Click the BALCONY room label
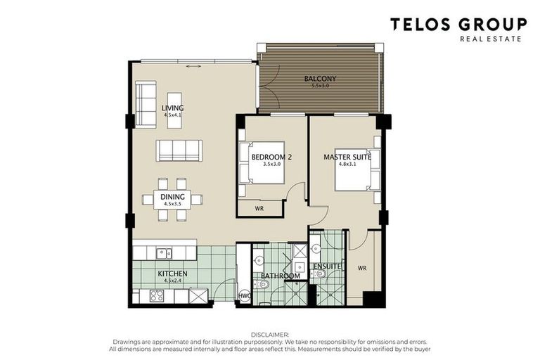click(320, 79)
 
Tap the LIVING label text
click(172, 108)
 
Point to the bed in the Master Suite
click(355, 169)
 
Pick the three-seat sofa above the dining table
click(179, 150)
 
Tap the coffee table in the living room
click(174, 110)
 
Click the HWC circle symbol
click(245, 296)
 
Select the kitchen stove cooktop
click(157, 297)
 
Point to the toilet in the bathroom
click(261, 284)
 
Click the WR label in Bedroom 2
click(259, 209)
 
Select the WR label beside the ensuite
click(362, 268)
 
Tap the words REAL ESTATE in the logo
click(490, 39)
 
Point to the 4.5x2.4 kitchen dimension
click(172, 281)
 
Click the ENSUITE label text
click(327, 266)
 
